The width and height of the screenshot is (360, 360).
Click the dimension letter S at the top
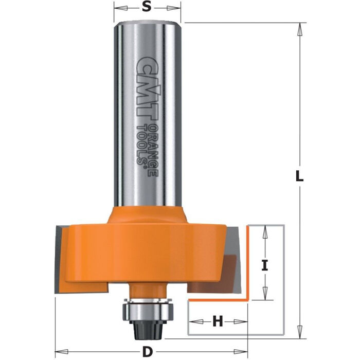[147, 8]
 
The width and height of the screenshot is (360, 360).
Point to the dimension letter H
[218, 322]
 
